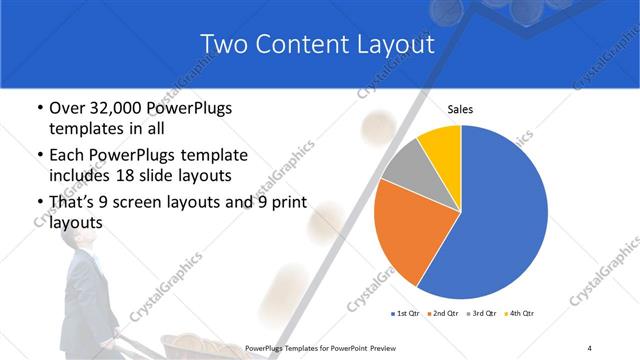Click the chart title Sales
pos(460,110)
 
